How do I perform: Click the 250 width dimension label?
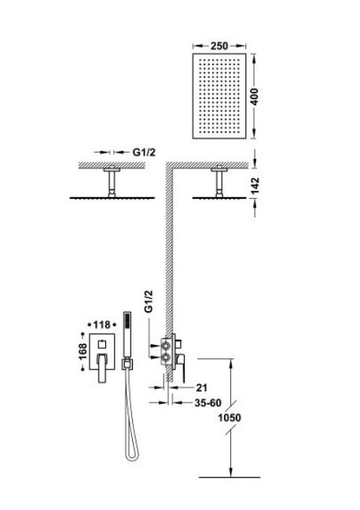tap(219, 46)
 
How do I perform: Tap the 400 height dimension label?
tap(255, 97)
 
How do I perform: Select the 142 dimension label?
tap(255, 185)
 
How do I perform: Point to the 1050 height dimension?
tap(230, 417)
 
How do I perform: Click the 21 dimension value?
tap(202, 387)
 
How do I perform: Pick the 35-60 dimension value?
tap(208, 402)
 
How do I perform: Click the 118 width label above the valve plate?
tap(101, 325)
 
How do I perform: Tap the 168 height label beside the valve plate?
tap(83, 351)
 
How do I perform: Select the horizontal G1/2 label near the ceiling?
tap(144, 152)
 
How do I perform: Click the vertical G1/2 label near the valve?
tap(149, 302)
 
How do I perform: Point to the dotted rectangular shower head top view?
tap(219, 97)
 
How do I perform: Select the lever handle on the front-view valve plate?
tap(103, 369)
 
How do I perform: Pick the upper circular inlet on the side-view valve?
tap(166, 345)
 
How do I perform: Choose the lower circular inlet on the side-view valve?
tap(166, 358)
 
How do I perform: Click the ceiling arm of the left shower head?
tap(112, 182)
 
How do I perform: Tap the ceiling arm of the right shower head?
tap(219, 182)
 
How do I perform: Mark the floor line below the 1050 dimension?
tap(230, 477)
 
